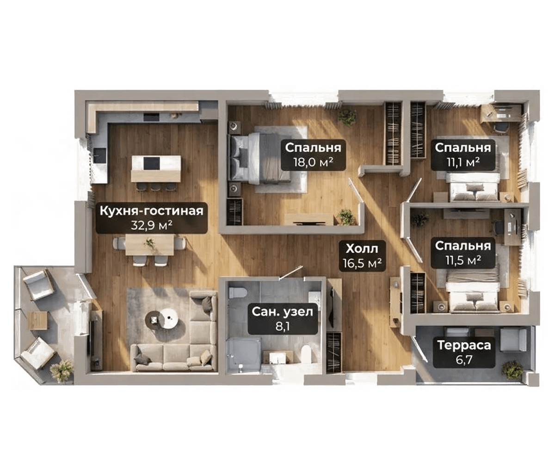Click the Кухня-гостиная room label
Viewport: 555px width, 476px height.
(151, 211)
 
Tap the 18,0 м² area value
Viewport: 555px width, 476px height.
(314, 162)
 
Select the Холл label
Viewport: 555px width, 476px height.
(362, 249)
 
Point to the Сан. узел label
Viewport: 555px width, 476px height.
(283, 312)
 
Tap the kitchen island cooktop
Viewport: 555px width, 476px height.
(152, 163)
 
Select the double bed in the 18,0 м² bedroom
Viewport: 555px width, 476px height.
(259, 159)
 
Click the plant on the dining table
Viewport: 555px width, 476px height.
(149, 242)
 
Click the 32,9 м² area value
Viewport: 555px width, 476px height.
(152, 225)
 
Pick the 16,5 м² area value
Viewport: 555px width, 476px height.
(362, 263)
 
